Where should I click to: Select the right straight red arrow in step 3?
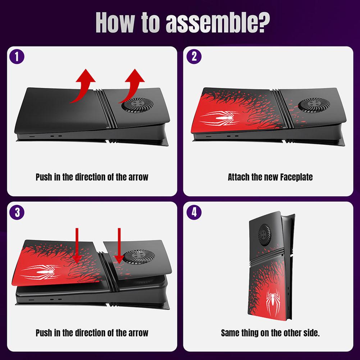point(119,244)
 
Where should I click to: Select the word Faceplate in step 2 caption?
point(294,177)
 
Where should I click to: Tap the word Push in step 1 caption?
point(44,177)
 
